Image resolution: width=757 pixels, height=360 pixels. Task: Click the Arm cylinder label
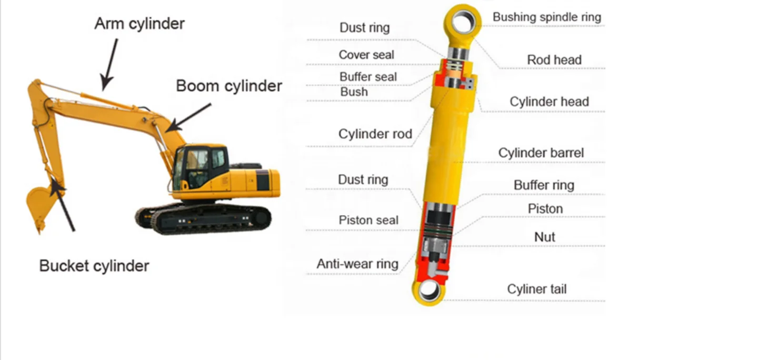point(140,24)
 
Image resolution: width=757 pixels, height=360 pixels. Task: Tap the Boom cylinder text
point(229,86)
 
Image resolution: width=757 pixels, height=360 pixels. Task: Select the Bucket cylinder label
point(94,266)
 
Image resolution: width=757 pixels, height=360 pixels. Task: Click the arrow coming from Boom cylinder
point(190,117)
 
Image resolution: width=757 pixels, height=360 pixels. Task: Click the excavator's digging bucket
point(39,205)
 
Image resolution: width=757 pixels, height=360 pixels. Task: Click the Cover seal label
point(366,55)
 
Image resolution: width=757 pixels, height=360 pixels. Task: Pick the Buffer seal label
point(368,77)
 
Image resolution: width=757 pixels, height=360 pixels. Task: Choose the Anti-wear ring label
point(357,264)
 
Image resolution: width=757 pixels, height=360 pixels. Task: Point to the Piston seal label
point(368,220)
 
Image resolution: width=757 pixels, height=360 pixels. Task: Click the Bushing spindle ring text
point(546,17)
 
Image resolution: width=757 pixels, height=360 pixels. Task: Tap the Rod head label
point(554,60)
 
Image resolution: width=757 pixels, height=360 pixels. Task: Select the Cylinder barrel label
point(541,153)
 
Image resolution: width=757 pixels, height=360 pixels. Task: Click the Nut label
point(545,237)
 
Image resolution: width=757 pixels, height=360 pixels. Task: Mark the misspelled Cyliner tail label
point(537,289)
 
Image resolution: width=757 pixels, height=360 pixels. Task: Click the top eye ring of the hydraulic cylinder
point(463,21)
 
